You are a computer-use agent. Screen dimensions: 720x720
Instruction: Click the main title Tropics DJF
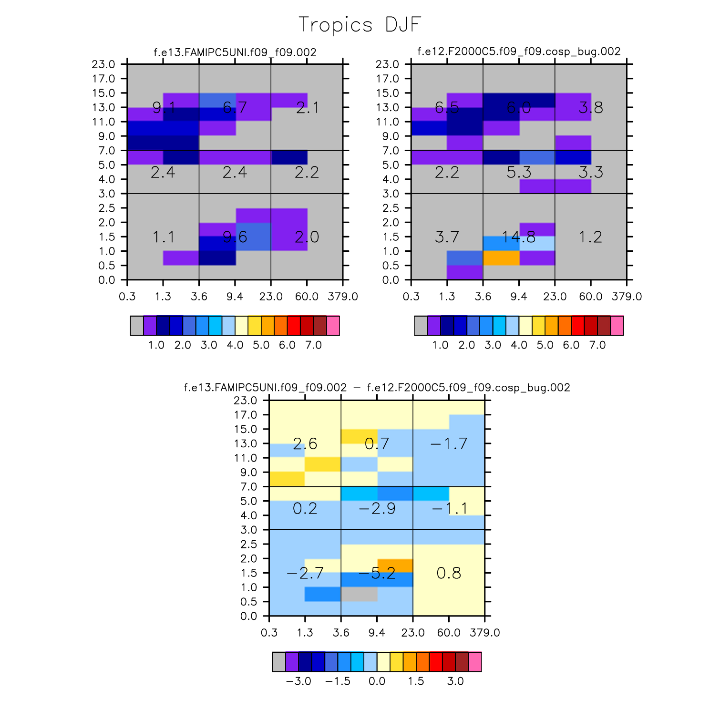[x=360, y=25]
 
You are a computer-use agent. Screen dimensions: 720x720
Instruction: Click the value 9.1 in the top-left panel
[x=163, y=108]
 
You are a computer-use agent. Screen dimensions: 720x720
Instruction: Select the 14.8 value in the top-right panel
[x=519, y=237]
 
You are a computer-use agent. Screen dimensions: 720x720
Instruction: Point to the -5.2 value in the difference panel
[x=377, y=573]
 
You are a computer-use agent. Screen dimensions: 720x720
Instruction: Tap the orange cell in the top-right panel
[x=501, y=258]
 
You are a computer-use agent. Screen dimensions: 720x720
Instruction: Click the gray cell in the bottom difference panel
[x=359, y=594]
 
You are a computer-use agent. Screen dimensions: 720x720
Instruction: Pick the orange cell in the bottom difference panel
[x=395, y=566]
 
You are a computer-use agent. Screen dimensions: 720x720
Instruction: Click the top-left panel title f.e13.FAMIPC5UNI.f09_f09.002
[x=235, y=52]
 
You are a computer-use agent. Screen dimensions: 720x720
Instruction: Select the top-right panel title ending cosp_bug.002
[x=519, y=51]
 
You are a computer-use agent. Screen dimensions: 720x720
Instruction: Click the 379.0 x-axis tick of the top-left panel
[x=342, y=297]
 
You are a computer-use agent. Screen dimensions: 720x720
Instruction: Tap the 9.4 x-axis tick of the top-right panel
[x=519, y=297]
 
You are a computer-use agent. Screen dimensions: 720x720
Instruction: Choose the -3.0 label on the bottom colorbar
[x=298, y=681]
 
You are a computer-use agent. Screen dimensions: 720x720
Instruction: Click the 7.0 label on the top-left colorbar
[x=313, y=345]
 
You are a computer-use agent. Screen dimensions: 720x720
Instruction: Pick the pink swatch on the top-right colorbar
[x=617, y=326]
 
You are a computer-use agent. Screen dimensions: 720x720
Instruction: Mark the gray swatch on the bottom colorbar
[x=279, y=662]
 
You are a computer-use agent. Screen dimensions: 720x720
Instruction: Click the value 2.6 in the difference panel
[x=305, y=444]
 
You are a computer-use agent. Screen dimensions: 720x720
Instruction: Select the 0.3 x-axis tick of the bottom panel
[x=269, y=633]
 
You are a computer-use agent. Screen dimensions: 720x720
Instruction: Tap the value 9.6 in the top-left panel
[x=235, y=237]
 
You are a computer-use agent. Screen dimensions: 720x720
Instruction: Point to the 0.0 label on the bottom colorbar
[x=377, y=681]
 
